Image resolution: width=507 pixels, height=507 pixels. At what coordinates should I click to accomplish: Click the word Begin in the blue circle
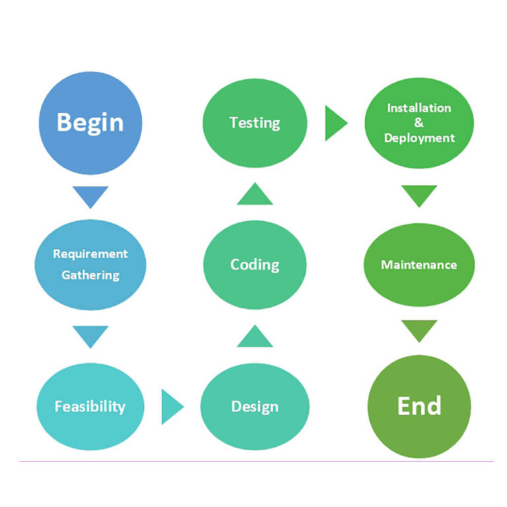[90, 123]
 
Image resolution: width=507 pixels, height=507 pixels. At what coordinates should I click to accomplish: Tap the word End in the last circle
[419, 405]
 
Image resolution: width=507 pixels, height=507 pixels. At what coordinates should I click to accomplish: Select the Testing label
[255, 123]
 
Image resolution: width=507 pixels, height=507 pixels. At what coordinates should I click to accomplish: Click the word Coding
[255, 265]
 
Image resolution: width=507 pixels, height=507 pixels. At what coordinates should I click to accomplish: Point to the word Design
[255, 406]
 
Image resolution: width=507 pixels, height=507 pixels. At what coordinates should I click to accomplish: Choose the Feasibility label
[90, 406]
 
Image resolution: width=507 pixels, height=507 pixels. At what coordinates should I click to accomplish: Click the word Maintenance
[419, 265]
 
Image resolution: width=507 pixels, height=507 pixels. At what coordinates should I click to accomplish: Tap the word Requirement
[90, 253]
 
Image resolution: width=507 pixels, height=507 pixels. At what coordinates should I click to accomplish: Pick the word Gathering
[90, 275]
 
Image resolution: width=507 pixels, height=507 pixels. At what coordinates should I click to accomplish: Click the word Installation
[419, 108]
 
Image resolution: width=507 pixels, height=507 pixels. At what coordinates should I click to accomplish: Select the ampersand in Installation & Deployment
[419, 123]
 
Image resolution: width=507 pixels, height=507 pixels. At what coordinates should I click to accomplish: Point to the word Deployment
[419, 138]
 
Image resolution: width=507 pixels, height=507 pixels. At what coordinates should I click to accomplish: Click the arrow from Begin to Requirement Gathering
[90, 195]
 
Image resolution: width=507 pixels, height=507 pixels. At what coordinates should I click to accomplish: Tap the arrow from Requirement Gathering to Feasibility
[90, 335]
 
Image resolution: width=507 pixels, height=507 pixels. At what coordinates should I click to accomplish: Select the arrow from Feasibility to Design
[172, 406]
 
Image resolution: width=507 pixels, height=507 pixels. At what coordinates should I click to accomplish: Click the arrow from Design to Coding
[255, 337]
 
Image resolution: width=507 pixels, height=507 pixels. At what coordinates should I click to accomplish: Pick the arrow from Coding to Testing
[255, 195]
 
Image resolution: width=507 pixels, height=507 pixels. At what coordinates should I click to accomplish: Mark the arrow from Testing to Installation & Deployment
[335, 123]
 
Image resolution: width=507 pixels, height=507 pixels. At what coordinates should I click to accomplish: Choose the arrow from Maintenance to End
[419, 330]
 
